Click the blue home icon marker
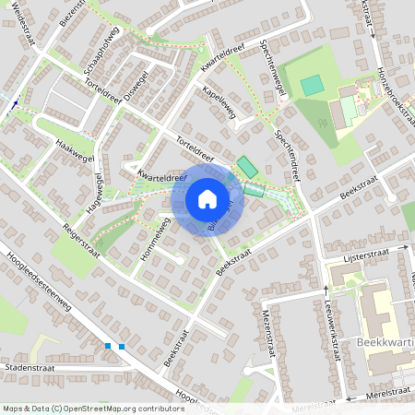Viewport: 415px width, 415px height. tap(207, 199)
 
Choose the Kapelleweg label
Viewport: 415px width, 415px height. tap(220, 104)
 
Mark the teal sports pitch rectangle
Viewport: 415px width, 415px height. tap(313, 85)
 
